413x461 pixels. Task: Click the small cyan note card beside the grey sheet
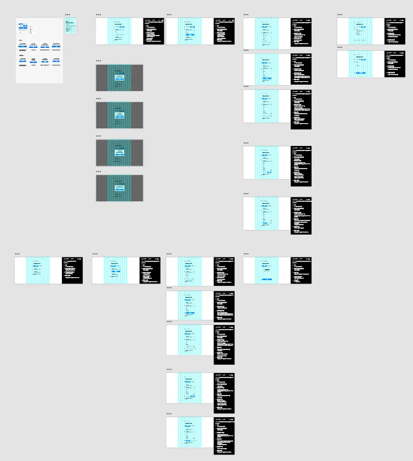(71, 26)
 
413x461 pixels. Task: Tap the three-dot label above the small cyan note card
(68, 15)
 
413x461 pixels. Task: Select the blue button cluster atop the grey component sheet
(22, 26)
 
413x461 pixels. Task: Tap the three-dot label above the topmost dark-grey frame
(99, 61)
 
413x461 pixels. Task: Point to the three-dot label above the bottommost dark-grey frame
(99, 172)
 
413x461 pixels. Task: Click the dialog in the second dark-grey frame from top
(120, 115)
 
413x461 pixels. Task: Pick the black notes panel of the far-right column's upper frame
(395, 30)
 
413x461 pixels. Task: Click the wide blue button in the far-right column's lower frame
(360, 73)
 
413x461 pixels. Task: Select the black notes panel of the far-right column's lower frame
(395, 64)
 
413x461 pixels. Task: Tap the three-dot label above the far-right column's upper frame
(339, 15)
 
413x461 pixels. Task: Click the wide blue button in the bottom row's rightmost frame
(267, 280)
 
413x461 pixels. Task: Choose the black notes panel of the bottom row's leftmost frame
(72, 270)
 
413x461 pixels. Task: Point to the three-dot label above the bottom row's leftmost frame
(17, 254)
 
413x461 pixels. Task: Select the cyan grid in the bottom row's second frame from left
(116, 270)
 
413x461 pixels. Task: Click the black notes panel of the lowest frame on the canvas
(224, 435)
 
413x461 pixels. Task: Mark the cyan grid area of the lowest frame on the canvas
(190, 432)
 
